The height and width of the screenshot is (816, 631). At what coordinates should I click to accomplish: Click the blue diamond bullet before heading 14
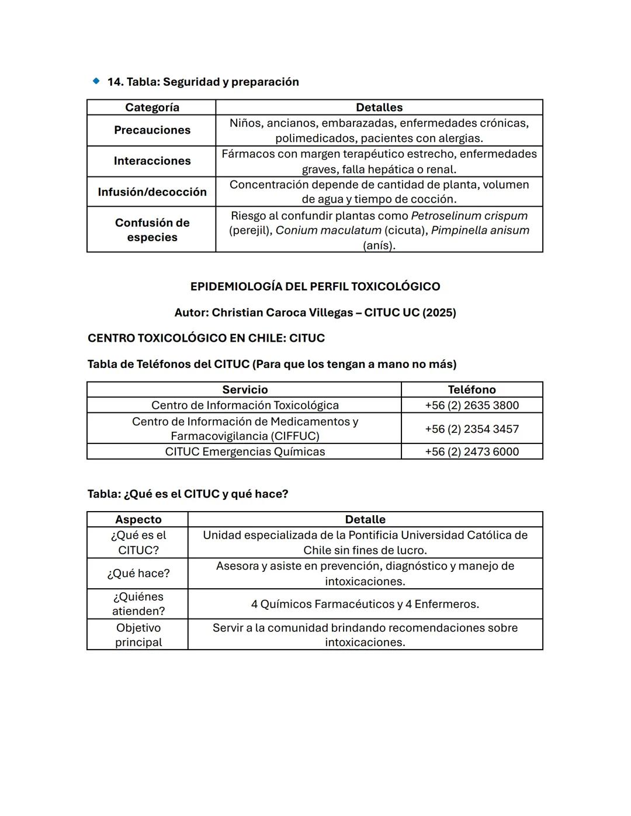pyautogui.click(x=96, y=81)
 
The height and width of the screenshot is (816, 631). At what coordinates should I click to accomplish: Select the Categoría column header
pyautogui.click(x=152, y=107)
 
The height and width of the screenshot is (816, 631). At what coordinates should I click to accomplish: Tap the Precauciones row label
pyautogui.click(x=152, y=130)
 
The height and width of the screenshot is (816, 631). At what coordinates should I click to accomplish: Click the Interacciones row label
pyautogui.click(x=152, y=161)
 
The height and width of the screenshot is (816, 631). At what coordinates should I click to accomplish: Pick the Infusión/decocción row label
pyautogui.click(x=152, y=192)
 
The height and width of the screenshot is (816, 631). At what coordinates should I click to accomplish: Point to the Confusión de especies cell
pyautogui.click(x=152, y=230)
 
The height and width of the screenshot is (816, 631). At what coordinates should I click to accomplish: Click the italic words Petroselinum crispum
pyautogui.click(x=469, y=216)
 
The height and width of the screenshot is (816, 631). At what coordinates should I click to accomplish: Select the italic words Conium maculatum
pyautogui.click(x=328, y=230)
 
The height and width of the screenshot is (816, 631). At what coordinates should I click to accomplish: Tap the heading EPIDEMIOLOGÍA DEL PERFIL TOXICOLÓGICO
pyautogui.click(x=315, y=287)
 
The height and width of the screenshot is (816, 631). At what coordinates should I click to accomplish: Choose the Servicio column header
pyautogui.click(x=245, y=390)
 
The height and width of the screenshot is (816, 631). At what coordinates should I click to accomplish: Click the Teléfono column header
pyautogui.click(x=471, y=390)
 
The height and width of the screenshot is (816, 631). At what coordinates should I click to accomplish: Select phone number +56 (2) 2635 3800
pyautogui.click(x=471, y=405)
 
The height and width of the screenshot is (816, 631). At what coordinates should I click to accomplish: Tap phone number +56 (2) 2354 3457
pyautogui.click(x=471, y=429)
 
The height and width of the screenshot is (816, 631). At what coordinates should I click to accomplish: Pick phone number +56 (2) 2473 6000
pyautogui.click(x=471, y=452)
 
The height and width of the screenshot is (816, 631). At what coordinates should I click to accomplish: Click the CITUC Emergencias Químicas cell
pyautogui.click(x=245, y=452)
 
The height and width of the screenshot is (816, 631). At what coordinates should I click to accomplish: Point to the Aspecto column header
pyautogui.click(x=138, y=519)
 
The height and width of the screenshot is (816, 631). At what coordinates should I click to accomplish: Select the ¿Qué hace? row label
pyautogui.click(x=138, y=574)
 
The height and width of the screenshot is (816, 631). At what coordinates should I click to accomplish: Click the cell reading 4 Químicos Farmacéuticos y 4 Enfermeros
pyautogui.click(x=365, y=604)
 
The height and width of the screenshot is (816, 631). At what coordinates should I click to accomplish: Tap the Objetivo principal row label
pyautogui.click(x=138, y=635)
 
